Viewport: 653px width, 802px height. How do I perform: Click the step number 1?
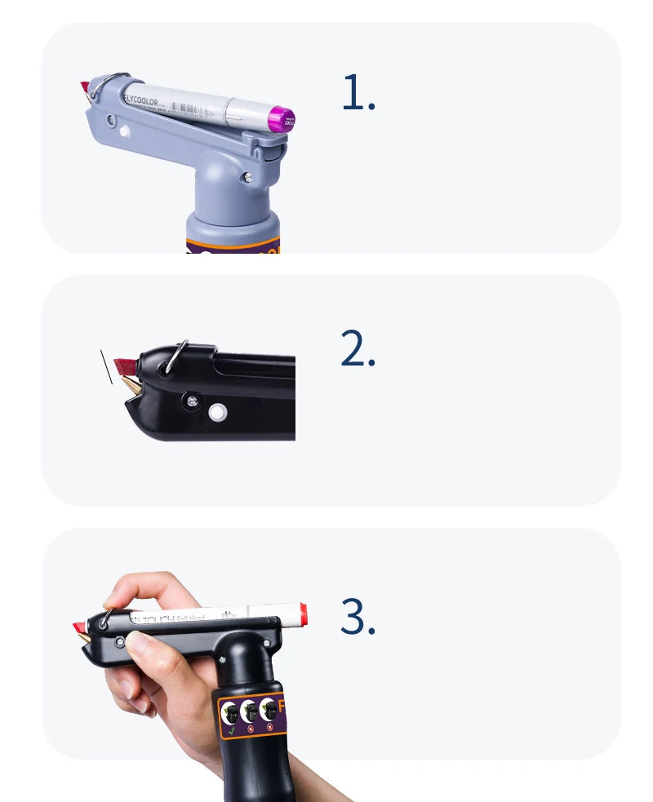(x=358, y=95)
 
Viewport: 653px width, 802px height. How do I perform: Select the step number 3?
(x=358, y=618)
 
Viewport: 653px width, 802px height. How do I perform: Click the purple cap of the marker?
(x=282, y=119)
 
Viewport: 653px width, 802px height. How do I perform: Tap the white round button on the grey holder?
(x=124, y=131)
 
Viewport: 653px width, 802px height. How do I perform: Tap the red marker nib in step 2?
(x=125, y=363)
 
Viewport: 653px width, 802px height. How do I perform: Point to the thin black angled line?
(x=106, y=366)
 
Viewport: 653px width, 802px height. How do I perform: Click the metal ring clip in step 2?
(x=175, y=357)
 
